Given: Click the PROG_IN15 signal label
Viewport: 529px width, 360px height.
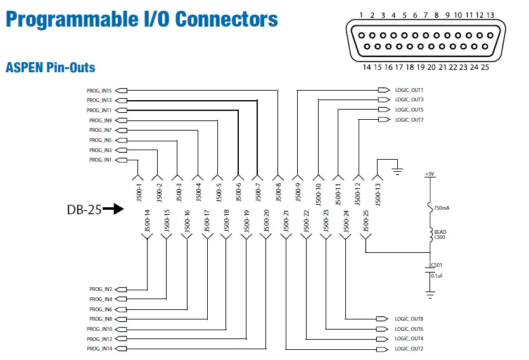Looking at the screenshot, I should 99,90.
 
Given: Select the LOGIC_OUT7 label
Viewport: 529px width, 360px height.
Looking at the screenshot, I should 409,120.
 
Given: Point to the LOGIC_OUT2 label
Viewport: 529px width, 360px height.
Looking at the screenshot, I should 409,349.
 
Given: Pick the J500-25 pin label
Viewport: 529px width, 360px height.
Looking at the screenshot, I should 366,221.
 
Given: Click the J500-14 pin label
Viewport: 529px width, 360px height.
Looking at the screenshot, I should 147,221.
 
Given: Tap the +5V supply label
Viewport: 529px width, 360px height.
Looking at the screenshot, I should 430,173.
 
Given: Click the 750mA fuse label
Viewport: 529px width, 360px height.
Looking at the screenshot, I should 443,208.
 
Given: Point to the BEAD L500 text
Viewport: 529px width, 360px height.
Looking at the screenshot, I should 440,235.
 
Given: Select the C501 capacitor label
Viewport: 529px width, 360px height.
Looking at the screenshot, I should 437,265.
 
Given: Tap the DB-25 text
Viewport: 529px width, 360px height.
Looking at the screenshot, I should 84,209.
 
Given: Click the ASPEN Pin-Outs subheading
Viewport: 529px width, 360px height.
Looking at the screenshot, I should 50,67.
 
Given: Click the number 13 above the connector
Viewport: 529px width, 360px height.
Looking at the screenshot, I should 490,15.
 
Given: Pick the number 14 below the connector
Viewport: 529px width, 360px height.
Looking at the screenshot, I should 366,66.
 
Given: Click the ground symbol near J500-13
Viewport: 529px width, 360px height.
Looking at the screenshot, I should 397,169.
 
